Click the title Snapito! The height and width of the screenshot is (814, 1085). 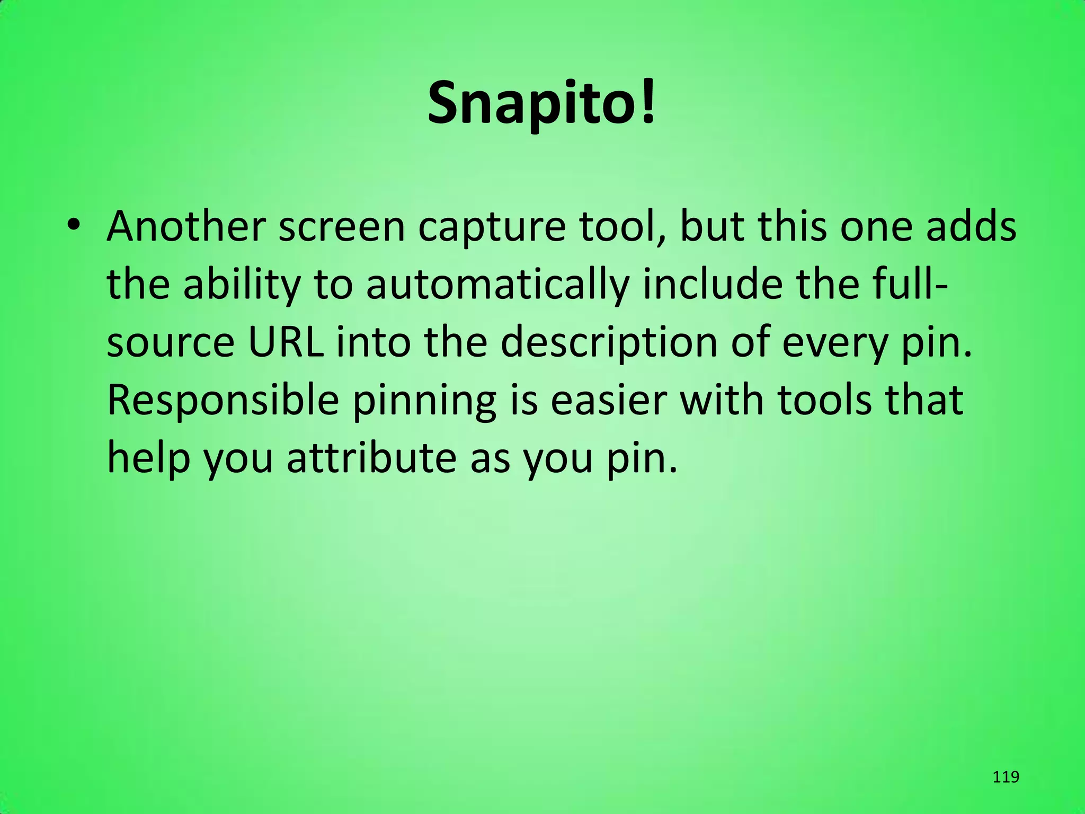coord(542,103)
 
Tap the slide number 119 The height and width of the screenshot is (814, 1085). coord(1006,777)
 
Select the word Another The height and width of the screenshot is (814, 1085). coord(185,227)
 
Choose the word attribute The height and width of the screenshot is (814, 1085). coord(371,458)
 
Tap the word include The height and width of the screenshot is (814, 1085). coord(712,285)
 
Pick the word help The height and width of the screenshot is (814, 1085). coord(148,459)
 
